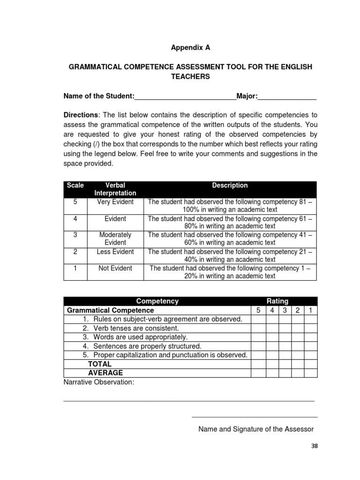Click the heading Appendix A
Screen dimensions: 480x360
point(190,48)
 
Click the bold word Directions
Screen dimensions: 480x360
point(81,115)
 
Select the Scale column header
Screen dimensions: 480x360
point(75,186)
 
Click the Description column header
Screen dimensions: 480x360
point(230,186)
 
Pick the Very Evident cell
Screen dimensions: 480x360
point(115,202)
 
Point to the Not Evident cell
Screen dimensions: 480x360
point(115,269)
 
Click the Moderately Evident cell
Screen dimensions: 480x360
point(115,239)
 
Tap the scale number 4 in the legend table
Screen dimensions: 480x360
point(75,219)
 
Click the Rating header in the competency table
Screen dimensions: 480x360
point(277,301)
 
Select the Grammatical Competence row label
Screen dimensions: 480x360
point(111,310)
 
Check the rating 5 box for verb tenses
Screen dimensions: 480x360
point(258,328)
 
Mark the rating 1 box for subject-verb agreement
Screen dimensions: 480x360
point(310,319)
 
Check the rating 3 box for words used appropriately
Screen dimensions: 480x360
point(285,337)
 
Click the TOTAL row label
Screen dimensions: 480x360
point(100,364)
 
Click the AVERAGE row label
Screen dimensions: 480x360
point(105,373)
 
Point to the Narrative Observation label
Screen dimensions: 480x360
point(99,382)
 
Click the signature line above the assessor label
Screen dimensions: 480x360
point(255,416)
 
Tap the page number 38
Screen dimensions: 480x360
point(314,446)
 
